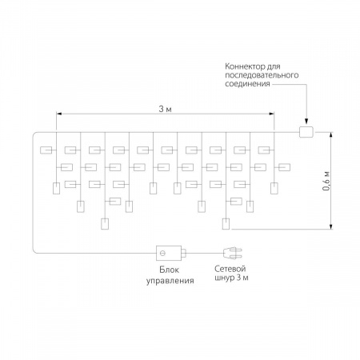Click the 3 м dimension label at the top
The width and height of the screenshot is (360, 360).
(x=165, y=109)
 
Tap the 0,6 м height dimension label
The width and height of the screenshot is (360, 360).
(x=326, y=181)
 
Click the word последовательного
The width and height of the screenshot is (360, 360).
(x=262, y=75)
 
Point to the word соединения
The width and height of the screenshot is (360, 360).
(x=247, y=84)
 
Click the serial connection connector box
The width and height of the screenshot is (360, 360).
(x=306, y=132)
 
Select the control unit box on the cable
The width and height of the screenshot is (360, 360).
(x=169, y=253)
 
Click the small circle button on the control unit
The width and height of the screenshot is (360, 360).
(x=163, y=253)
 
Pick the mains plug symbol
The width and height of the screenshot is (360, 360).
(x=232, y=253)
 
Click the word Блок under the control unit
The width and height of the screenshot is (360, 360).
(x=169, y=270)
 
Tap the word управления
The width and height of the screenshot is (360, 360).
(x=170, y=281)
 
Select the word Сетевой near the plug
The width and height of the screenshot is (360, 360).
(x=230, y=269)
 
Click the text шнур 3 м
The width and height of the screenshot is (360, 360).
(x=231, y=278)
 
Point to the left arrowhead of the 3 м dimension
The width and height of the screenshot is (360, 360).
(x=59, y=114)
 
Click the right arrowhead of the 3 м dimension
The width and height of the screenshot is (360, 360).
(x=271, y=114)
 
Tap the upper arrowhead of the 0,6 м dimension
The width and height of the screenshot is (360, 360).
(x=331, y=135)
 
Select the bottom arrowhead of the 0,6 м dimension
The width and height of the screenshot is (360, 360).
(x=331, y=226)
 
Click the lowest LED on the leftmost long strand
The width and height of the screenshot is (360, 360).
(x=105, y=224)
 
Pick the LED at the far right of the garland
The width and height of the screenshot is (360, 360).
(x=284, y=167)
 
